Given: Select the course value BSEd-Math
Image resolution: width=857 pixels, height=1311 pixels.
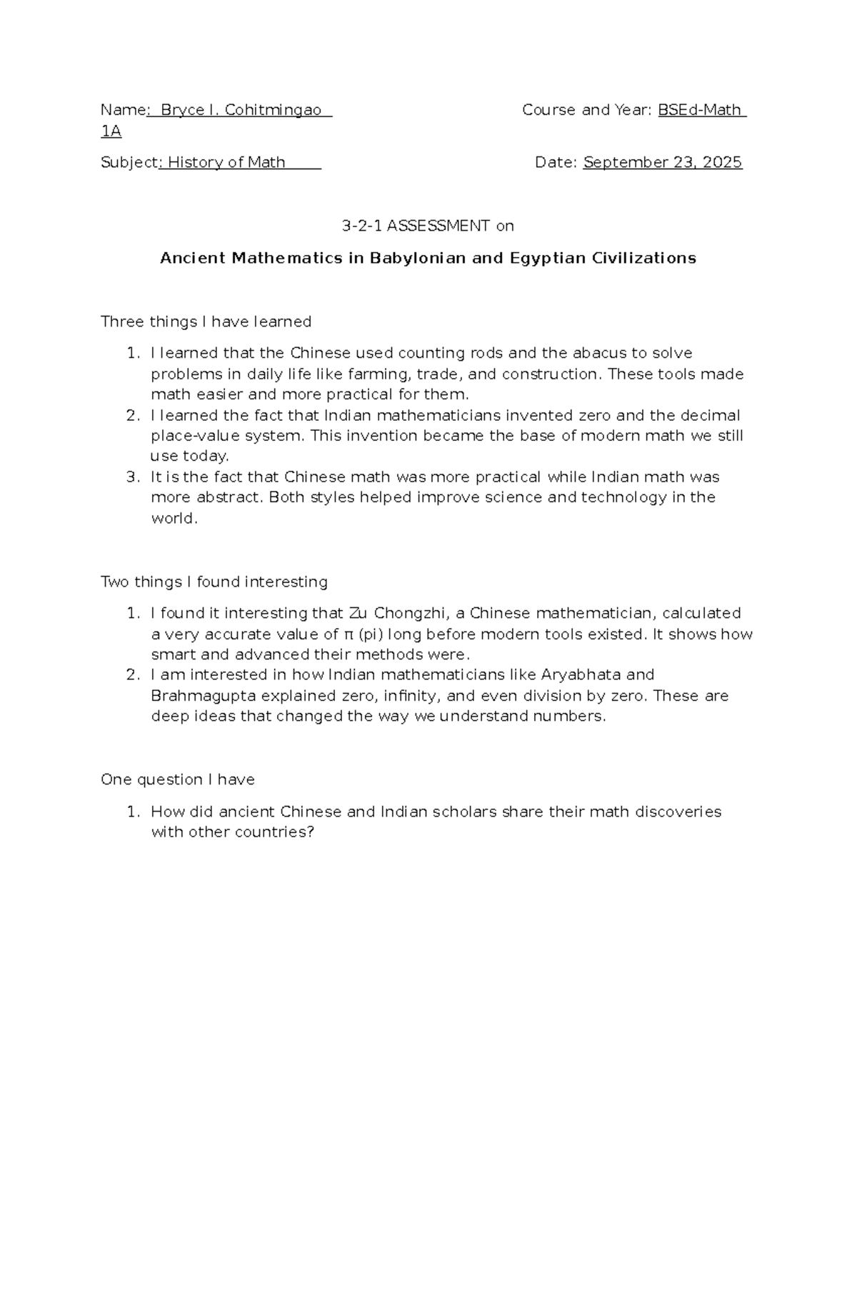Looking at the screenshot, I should pyautogui.click(x=699, y=110).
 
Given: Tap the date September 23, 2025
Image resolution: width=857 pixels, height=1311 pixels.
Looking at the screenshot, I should pyautogui.click(x=662, y=162).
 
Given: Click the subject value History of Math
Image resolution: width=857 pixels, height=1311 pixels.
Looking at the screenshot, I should pyautogui.click(x=226, y=162).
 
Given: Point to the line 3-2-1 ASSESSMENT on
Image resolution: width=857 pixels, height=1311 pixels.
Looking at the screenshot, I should pyautogui.click(x=428, y=226).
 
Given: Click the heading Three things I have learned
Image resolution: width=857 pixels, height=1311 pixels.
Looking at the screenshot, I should pyautogui.click(x=206, y=321).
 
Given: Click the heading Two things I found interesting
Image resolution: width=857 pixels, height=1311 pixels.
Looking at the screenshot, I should pyautogui.click(x=214, y=582).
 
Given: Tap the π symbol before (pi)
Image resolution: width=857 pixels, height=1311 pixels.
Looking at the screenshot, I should pyautogui.click(x=349, y=634).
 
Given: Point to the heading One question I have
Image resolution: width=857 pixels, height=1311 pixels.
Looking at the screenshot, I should pyautogui.click(x=177, y=779).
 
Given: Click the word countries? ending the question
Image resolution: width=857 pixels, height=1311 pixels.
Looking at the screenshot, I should pyautogui.click(x=274, y=832).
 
